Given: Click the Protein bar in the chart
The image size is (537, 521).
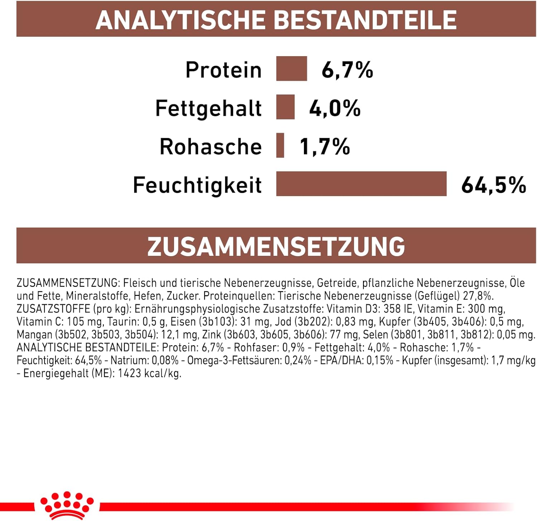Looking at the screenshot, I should tap(291, 69).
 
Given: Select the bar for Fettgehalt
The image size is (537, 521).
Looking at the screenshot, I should tap(285, 107).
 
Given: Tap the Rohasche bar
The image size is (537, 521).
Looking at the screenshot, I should tap(280, 145).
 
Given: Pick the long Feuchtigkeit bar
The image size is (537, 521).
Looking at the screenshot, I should tap(361, 184).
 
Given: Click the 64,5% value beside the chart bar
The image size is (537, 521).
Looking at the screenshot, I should tap(493, 185).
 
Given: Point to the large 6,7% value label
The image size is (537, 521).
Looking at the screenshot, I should tap(347, 69).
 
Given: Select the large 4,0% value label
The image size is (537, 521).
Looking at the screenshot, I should tap(335, 108).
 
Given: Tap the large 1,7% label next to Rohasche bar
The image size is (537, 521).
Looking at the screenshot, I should tap(325, 146).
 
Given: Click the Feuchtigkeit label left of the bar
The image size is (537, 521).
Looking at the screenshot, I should tap(197, 185).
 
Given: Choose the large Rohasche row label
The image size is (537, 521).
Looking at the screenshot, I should tap(211, 146).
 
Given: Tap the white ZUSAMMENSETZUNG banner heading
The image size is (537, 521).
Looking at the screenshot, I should tap(276, 246).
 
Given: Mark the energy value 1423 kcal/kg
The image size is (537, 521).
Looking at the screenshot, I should tap(149, 373).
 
